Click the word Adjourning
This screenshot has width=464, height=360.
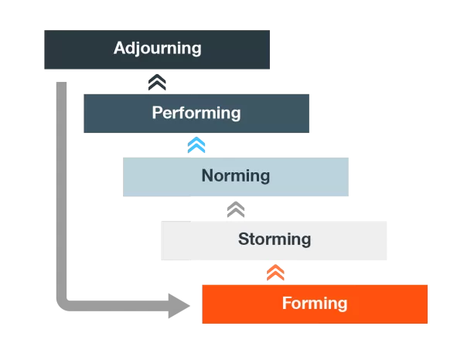tap(157, 48)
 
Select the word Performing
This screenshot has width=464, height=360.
tap(196, 113)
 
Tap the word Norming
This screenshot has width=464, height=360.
tap(236, 175)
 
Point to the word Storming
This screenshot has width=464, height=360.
tap(275, 239)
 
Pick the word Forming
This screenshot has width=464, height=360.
tap(315, 303)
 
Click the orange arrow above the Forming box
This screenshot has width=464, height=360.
tap(275, 273)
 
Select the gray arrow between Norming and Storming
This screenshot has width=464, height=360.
tap(236, 209)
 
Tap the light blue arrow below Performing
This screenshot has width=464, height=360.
tap(197, 144)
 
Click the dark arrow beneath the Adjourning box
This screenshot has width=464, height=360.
tap(157, 81)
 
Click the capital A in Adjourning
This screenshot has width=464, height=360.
tap(120, 48)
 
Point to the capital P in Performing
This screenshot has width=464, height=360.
tap(157, 113)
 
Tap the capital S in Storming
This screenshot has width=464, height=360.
tap(244, 239)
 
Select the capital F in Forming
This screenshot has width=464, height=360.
tap(286, 303)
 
